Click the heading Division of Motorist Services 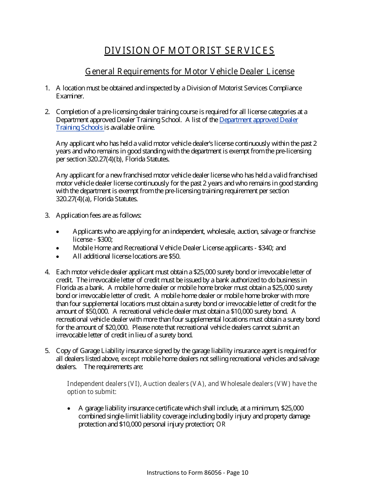189,51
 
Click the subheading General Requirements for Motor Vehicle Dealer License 190,71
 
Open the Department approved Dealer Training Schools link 258,120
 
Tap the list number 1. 47,88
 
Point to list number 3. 47,215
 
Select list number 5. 47,351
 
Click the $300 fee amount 105,239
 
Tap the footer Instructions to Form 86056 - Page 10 197,472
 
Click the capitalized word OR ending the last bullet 221,424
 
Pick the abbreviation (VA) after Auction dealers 196,384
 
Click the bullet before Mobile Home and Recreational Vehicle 59,248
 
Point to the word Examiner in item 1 70,96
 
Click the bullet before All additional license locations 59,257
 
